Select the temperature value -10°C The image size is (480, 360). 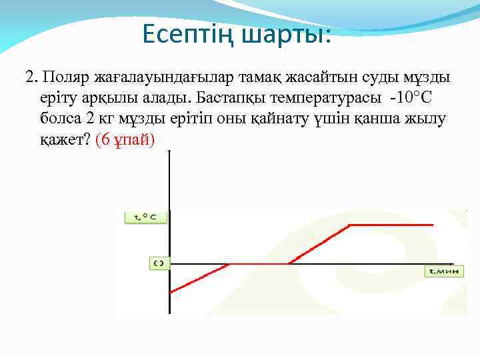point(411,99)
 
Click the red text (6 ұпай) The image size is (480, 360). point(125,140)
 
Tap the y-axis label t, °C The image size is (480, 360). point(146,217)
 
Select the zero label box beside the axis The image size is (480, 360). point(158,263)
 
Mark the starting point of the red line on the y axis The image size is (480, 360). point(171,291)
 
